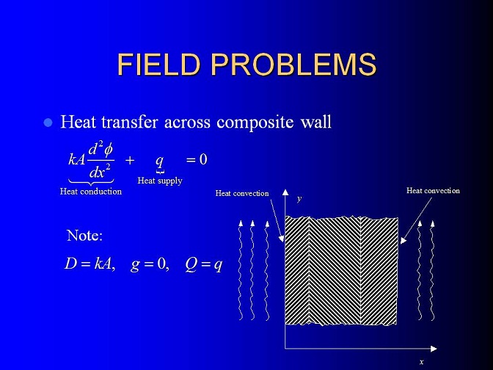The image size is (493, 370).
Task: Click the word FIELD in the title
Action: click(158, 64)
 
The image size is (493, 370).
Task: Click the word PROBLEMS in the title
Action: click(293, 64)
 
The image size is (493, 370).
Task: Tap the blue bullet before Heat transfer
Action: click(48, 123)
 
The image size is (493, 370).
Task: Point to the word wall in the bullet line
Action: click(316, 121)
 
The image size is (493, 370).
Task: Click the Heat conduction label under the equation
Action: click(91, 192)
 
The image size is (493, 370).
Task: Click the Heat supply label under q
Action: click(160, 181)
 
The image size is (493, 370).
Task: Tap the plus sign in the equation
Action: click(130, 160)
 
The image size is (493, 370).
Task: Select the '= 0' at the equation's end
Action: click(197, 159)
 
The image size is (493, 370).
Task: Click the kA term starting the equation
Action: click(77, 159)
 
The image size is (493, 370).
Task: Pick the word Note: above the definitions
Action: click(84, 235)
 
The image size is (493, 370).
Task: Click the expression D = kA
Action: click(90, 264)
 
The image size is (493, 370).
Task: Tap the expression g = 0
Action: click(150, 264)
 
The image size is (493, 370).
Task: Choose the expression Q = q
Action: click(204, 264)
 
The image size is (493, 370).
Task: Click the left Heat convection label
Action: click(242, 193)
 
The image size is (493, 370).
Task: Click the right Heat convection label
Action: click(433, 191)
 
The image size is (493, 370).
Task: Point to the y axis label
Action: click(299, 199)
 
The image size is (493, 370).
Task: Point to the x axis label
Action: click(422, 362)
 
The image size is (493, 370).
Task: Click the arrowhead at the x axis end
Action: click(434, 349)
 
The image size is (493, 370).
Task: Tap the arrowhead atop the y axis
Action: click(285, 192)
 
